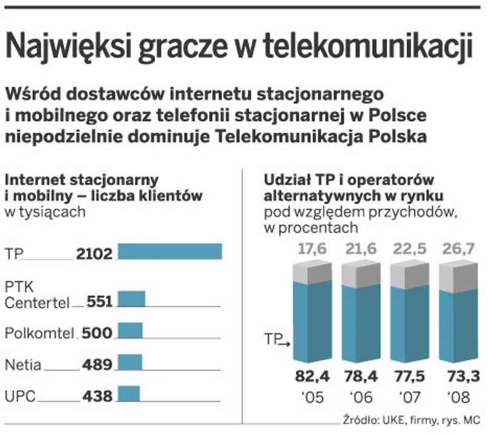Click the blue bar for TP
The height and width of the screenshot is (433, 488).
(170, 251)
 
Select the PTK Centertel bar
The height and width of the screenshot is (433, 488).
(131, 299)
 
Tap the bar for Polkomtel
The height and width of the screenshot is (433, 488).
(130, 331)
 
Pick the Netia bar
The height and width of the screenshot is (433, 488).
(129, 363)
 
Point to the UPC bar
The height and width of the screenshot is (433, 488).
(128, 394)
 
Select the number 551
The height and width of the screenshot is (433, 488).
(99, 302)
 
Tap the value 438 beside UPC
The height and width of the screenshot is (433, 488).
(97, 397)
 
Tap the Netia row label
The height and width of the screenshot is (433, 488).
(23, 365)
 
